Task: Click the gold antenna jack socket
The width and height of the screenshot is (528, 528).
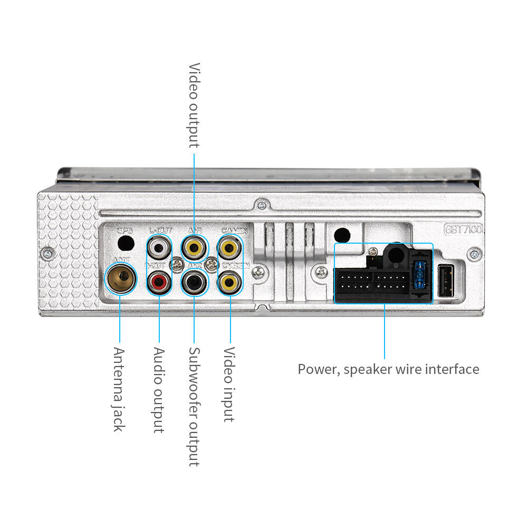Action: [x=120, y=279]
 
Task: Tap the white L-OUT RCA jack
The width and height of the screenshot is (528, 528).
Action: [x=159, y=246]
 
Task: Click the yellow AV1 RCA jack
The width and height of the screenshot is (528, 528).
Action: [x=194, y=246]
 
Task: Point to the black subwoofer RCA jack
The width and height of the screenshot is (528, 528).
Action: [x=194, y=282]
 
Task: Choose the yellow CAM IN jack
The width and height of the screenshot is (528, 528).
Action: [x=230, y=246]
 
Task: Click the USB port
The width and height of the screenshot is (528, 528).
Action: [x=446, y=281]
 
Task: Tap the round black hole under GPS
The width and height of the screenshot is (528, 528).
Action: [x=126, y=243]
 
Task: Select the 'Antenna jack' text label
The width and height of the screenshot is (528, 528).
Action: [x=119, y=389]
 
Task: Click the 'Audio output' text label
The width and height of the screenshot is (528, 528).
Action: [x=159, y=390]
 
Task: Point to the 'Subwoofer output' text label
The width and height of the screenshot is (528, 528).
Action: [x=194, y=406]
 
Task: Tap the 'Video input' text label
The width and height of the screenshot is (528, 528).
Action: [x=229, y=384]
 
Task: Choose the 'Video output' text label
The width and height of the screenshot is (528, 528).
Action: [x=194, y=105]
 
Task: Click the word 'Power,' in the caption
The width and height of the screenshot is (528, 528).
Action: [x=318, y=369]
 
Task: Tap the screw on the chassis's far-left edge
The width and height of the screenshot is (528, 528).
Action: [x=48, y=252]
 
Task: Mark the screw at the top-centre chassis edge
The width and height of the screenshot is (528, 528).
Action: [x=261, y=204]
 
